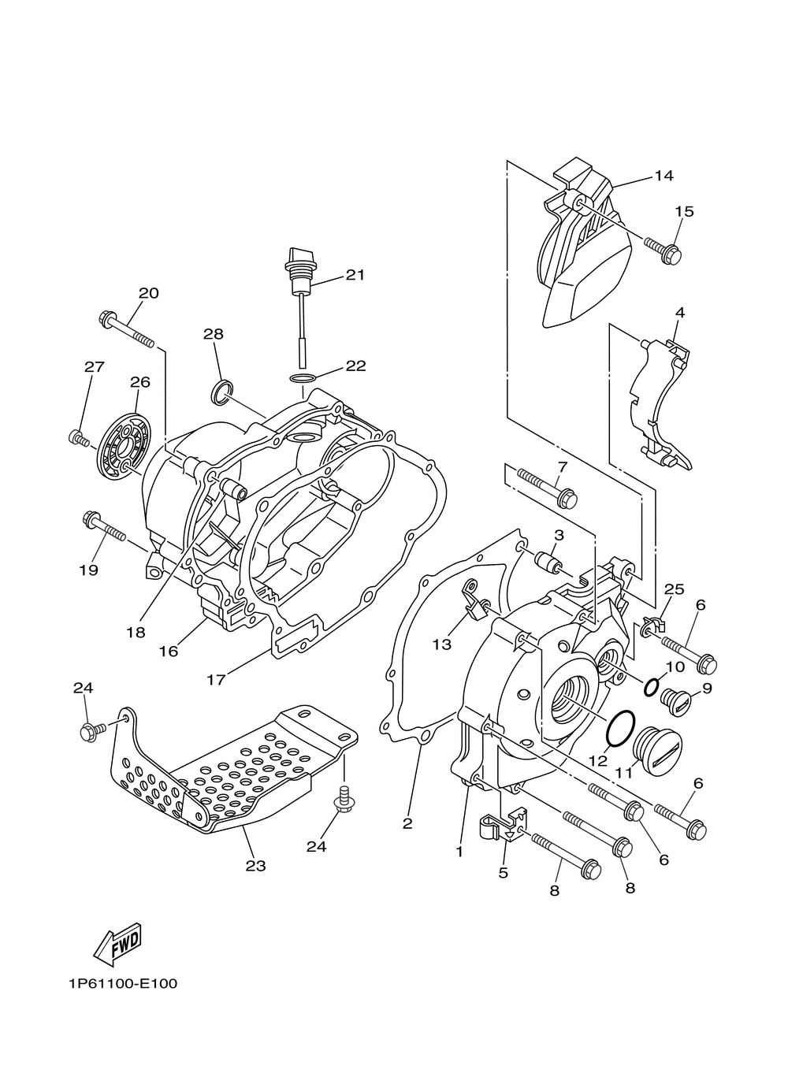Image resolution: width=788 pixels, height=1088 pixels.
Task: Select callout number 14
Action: click(663, 176)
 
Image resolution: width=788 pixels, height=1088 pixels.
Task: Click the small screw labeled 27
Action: click(79, 438)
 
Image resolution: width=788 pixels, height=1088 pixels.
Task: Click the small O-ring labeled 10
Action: click(652, 687)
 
